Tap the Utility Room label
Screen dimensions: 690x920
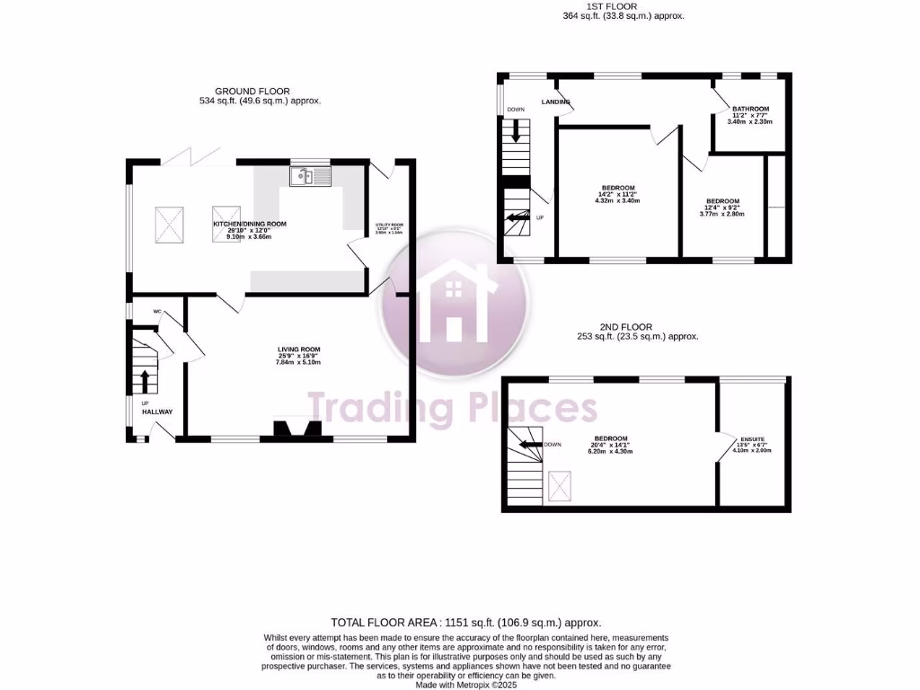point(390,226)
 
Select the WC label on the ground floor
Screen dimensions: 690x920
point(156,312)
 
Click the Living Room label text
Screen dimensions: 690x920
point(298,349)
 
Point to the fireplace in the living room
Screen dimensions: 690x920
point(290,429)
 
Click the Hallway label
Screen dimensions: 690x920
point(157,411)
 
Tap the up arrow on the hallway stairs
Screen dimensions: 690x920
point(143,381)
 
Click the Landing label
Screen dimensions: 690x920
point(556,102)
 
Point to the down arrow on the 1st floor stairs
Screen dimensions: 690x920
point(517,131)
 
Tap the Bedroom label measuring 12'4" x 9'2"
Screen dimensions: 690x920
point(722,201)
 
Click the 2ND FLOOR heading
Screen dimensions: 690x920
point(626,327)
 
